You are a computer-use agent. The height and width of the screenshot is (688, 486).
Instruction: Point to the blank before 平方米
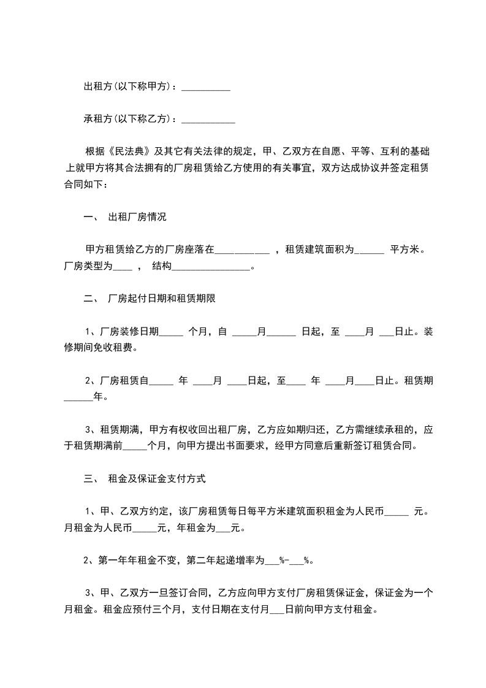369,250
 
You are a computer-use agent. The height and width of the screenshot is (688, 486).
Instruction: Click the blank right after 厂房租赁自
161,381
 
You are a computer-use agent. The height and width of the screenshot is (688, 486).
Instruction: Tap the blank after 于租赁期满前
135,446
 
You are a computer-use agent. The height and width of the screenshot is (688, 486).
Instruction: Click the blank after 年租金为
223,528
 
